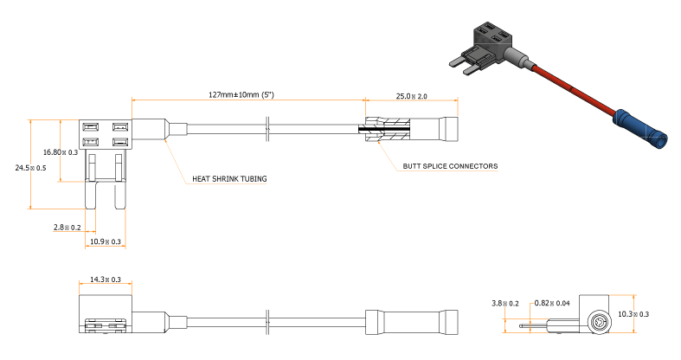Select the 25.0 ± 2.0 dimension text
(x=412, y=96)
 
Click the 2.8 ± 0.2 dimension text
(x=67, y=228)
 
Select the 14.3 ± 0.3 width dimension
(x=105, y=280)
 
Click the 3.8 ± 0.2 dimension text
(x=504, y=304)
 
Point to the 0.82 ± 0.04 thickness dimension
(x=551, y=304)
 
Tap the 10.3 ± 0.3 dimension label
(x=634, y=314)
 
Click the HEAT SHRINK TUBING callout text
(x=229, y=180)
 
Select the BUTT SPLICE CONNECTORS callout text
(x=450, y=165)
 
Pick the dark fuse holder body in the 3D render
(x=489, y=42)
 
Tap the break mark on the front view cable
(x=268, y=131)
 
